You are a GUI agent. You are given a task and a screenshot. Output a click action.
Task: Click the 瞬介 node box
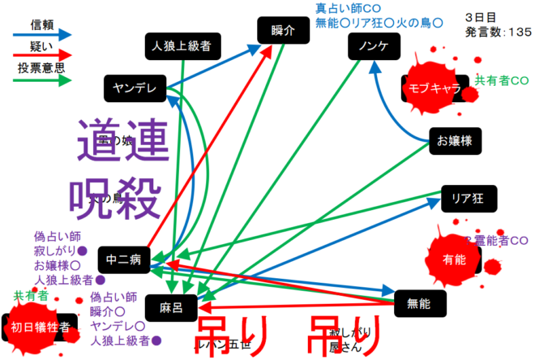pyautogui.click(x=282, y=32)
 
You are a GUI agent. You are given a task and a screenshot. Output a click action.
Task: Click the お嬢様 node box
pyautogui.click(x=454, y=141)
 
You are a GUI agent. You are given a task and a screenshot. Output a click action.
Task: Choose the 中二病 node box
pyautogui.click(x=124, y=259)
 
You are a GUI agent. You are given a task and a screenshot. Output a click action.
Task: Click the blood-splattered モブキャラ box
pyautogui.click(x=434, y=88)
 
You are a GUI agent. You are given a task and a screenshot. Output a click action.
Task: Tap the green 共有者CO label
pyautogui.click(x=502, y=80)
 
